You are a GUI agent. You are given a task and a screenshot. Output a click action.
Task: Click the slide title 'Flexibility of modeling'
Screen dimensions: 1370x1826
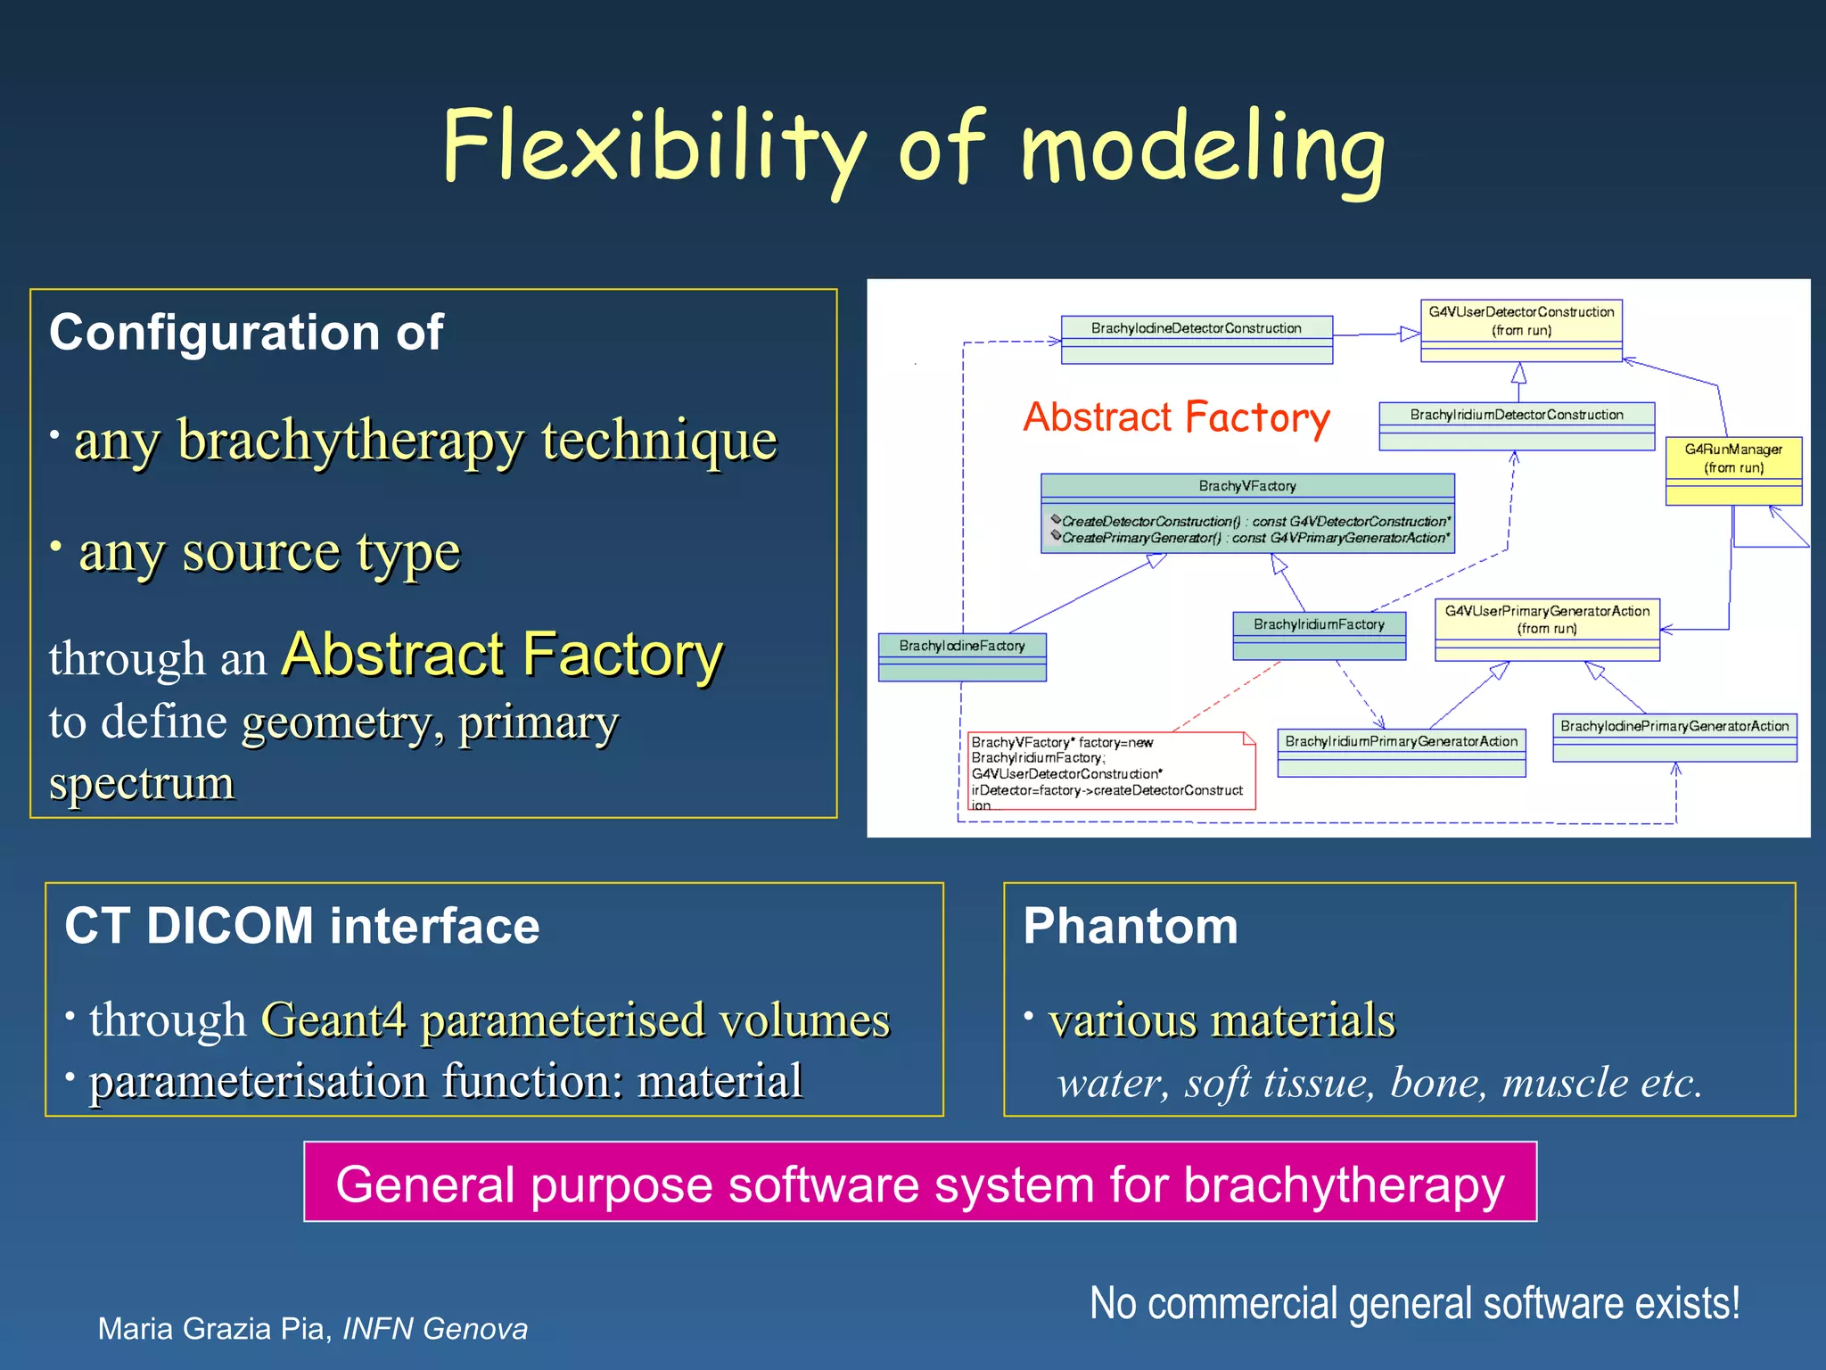tap(913, 147)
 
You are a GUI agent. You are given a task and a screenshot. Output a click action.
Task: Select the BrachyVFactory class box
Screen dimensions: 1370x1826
tap(1247, 513)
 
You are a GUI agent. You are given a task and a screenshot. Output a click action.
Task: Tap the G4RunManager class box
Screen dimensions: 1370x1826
tap(1733, 470)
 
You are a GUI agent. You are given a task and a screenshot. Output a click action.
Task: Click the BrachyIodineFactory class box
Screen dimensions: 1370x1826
tap(962, 656)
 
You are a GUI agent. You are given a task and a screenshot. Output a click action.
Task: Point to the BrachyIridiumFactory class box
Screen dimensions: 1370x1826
tap(1319, 634)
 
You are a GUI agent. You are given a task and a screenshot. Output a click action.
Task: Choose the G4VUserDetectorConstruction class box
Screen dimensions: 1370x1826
tap(1521, 330)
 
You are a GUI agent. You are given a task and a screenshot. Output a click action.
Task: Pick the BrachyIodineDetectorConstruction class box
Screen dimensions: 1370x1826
tap(1197, 339)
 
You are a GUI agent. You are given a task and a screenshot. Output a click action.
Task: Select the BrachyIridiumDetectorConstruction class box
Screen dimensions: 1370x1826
tap(1516, 425)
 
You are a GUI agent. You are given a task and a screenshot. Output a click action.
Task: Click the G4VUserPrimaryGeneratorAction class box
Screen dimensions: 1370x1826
tap(1547, 629)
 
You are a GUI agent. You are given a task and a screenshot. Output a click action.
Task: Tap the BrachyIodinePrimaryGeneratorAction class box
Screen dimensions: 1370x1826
tap(1674, 737)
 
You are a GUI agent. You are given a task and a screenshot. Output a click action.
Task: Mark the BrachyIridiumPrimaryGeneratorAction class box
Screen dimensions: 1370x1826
tap(1401, 752)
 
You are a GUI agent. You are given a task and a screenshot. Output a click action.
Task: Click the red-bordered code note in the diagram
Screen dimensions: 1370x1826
tap(1111, 772)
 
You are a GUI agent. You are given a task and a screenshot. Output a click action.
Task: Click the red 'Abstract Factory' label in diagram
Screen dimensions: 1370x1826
tap(1176, 417)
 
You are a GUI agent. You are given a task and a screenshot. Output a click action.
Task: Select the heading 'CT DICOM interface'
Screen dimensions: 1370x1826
tap(302, 926)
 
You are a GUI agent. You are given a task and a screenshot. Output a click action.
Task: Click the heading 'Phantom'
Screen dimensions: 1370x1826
tap(1131, 926)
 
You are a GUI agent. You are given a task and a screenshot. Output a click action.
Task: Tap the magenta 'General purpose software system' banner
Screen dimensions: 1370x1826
tap(919, 1183)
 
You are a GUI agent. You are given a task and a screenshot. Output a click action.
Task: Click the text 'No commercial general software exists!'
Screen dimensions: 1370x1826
tap(1414, 1303)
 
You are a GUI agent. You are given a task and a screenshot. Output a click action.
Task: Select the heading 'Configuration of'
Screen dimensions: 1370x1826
tap(246, 333)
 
